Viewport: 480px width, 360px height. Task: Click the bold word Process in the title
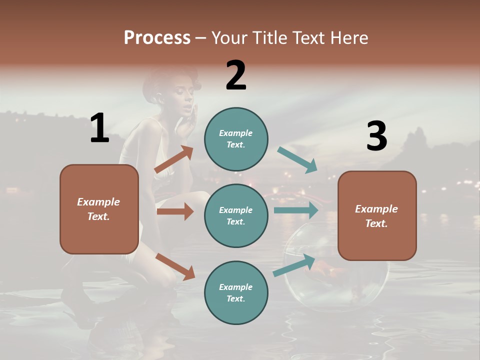157,37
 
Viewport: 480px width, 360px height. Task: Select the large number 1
99,128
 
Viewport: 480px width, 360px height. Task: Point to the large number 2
236,75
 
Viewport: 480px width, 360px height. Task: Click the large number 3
376,136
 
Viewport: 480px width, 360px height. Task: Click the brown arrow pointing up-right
174,159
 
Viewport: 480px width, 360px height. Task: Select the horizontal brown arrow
175,211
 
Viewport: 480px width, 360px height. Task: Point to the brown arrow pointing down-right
175,266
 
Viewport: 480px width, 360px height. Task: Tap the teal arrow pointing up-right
294,265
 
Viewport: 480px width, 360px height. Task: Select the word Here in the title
350,37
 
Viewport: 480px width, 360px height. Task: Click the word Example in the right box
376,209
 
